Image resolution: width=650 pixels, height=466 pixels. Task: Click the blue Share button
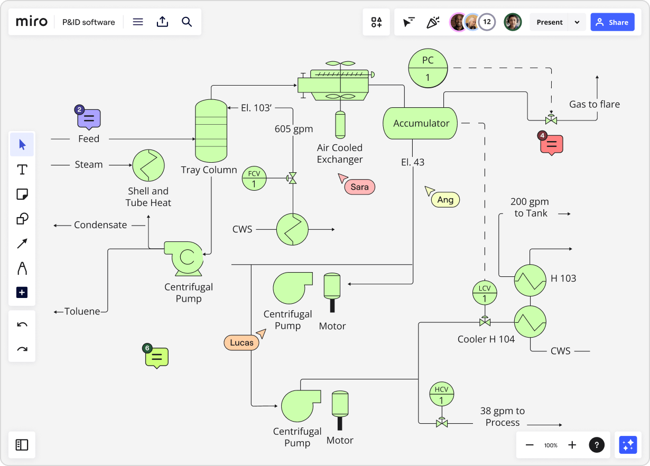(x=612, y=22)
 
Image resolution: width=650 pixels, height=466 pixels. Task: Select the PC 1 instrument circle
(x=428, y=69)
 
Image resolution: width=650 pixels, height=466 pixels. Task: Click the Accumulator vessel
(x=420, y=124)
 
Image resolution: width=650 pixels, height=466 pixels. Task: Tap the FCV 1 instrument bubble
(x=254, y=179)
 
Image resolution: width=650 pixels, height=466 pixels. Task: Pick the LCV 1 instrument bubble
(x=484, y=293)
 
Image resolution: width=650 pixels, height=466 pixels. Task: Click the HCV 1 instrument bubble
(x=441, y=394)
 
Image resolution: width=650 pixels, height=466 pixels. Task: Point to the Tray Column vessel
(x=211, y=131)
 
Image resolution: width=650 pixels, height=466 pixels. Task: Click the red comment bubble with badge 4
(x=552, y=144)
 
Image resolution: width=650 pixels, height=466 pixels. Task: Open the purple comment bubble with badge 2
(x=89, y=119)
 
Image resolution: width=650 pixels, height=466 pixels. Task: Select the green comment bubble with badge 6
(x=157, y=358)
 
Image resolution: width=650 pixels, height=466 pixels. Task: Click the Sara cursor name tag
(x=359, y=187)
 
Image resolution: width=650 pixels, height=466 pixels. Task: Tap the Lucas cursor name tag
(x=242, y=342)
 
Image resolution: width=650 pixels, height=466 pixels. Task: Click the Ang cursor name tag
(x=445, y=200)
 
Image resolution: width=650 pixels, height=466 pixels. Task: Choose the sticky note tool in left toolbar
(x=22, y=194)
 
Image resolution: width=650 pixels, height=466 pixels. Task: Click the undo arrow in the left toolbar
(x=22, y=324)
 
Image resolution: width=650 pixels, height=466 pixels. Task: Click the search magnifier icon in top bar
(x=187, y=22)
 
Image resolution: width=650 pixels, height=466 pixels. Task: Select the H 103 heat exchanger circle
(x=530, y=280)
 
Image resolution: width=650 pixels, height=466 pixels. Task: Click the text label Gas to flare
(x=595, y=104)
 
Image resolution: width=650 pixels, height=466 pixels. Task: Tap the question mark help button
(x=597, y=445)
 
